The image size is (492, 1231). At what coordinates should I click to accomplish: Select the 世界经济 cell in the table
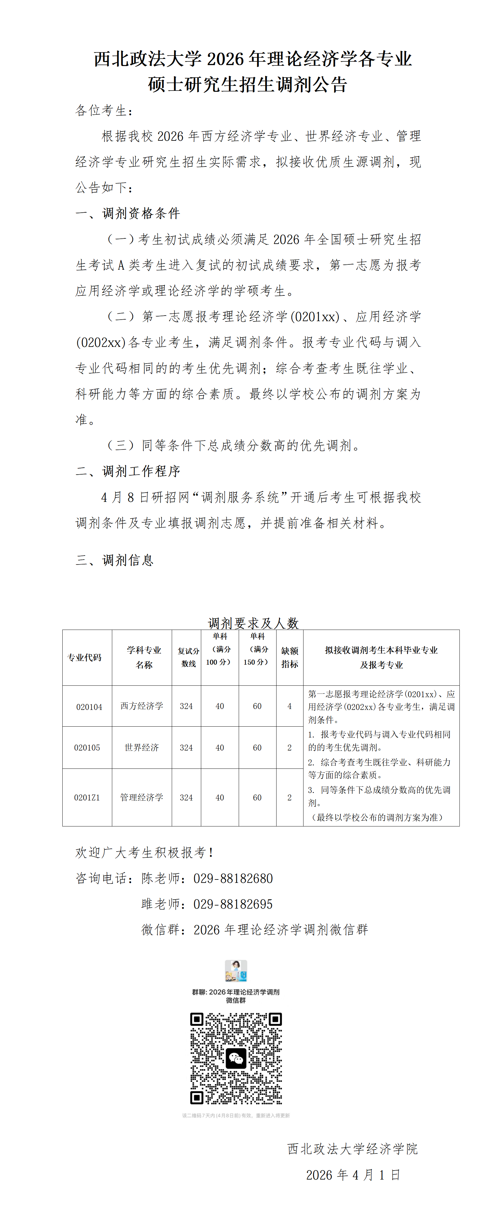pyautogui.click(x=142, y=747)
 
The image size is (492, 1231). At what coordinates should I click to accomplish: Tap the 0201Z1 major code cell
pyautogui.click(x=87, y=797)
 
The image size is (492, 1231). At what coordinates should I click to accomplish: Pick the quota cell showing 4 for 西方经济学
pyautogui.click(x=289, y=706)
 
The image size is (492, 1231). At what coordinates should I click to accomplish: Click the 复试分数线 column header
pyautogui.click(x=188, y=657)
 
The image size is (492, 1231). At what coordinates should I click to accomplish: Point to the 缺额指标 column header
pyautogui.click(x=289, y=657)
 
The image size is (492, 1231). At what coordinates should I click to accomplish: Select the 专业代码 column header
pyautogui.click(x=85, y=657)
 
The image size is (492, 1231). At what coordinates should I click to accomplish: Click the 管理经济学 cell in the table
pyautogui.click(x=142, y=797)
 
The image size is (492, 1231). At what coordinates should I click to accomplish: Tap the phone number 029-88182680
pyautogui.click(x=233, y=878)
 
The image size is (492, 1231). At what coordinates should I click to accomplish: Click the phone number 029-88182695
pyautogui.click(x=233, y=904)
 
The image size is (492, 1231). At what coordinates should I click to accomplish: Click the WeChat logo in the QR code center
pyautogui.click(x=236, y=1059)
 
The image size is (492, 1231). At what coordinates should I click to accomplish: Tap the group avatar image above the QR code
pyautogui.click(x=236, y=971)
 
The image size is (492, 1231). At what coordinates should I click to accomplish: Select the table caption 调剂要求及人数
pyautogui.click(x=253, y=623)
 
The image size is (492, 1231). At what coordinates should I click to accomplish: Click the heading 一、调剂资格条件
pyautogui.click(x=128, y=213)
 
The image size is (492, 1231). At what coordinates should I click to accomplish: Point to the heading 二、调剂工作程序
pyautogui.click(x=128, y=471)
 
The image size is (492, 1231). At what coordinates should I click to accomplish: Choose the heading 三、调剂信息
pyautogui.click(x=115, y=560)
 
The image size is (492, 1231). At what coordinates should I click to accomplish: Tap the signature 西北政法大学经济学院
pyautogui.click(x=352, y=1149)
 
